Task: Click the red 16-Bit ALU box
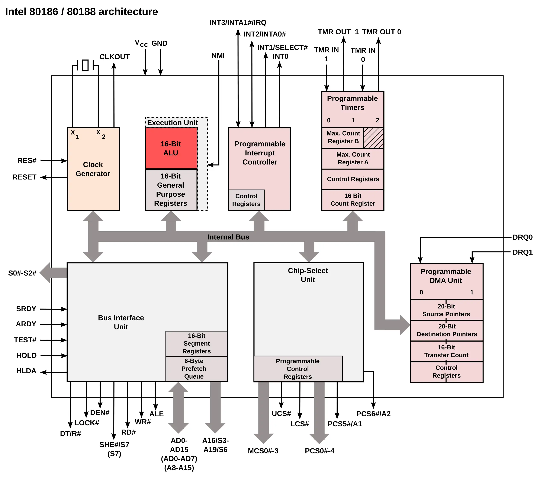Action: click(x=171, y=148)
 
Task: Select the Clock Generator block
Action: click(x=93, y=169)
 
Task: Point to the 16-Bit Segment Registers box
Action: click(x=196, y=343)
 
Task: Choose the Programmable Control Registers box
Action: click(x=298, y=369)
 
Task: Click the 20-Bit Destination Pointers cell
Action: click(x=446, y=330)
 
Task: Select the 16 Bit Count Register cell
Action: click(x=353, y=200)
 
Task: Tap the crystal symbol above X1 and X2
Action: click(x=86, y=65)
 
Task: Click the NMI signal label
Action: click(x=218, y=56)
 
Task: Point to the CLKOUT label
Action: click(x=114, y=57)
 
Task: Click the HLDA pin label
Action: click(x=26, y=371)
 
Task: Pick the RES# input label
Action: click(x=27, y=161)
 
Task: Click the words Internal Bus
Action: click(x=228, y=237)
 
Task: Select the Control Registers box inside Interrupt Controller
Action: click(x=246, y=200)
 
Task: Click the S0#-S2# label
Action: click(x=22, y=273)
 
